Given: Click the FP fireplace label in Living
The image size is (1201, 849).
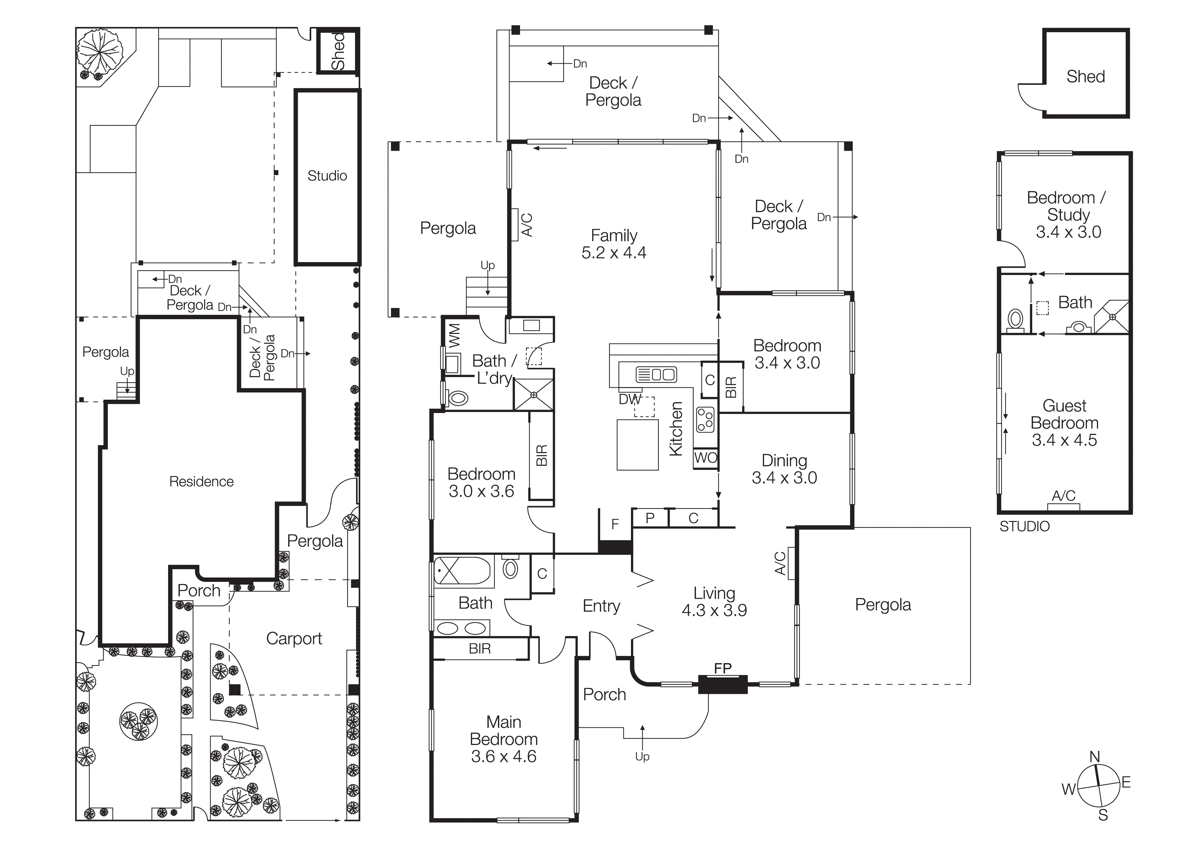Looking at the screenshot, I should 722,668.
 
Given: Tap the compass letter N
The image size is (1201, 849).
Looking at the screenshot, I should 1094,757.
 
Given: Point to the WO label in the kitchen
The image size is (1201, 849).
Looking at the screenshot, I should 705,458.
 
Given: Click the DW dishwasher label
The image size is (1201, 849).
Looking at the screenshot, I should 629,399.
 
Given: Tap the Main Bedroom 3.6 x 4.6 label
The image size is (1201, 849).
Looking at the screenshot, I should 503,739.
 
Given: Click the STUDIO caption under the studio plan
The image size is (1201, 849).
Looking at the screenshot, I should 1024,526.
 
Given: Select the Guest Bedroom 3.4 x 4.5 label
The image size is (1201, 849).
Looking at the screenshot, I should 1064,423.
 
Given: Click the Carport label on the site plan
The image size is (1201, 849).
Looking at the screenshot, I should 294,638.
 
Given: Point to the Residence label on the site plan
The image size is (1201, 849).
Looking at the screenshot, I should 201,481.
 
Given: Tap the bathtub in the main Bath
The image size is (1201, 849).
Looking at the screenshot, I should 462,570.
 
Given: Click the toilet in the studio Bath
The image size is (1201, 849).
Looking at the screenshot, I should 1015,319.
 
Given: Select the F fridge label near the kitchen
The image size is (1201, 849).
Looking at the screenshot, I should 615,524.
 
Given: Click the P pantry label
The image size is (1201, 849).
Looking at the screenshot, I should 650,518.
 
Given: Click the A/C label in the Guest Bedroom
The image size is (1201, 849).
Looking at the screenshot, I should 1063,495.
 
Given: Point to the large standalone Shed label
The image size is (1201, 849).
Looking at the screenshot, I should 1085,76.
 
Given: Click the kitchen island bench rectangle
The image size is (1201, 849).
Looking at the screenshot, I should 637,445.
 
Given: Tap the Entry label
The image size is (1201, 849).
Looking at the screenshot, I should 601,606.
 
